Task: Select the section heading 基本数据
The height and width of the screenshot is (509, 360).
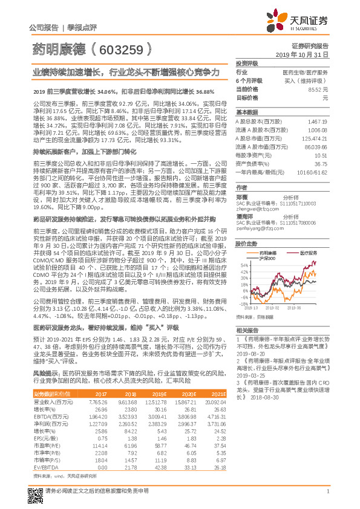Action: point(246,112)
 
